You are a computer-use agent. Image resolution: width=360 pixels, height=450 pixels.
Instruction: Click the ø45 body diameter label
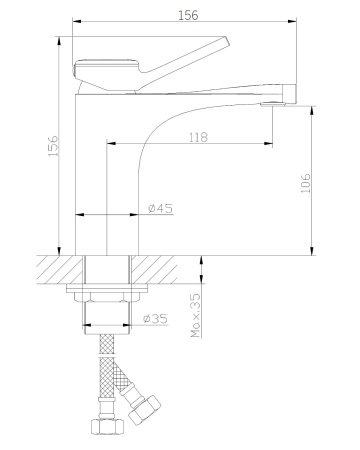(160, 208)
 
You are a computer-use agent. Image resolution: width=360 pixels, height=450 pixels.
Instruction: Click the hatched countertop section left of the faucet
(60, 269)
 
